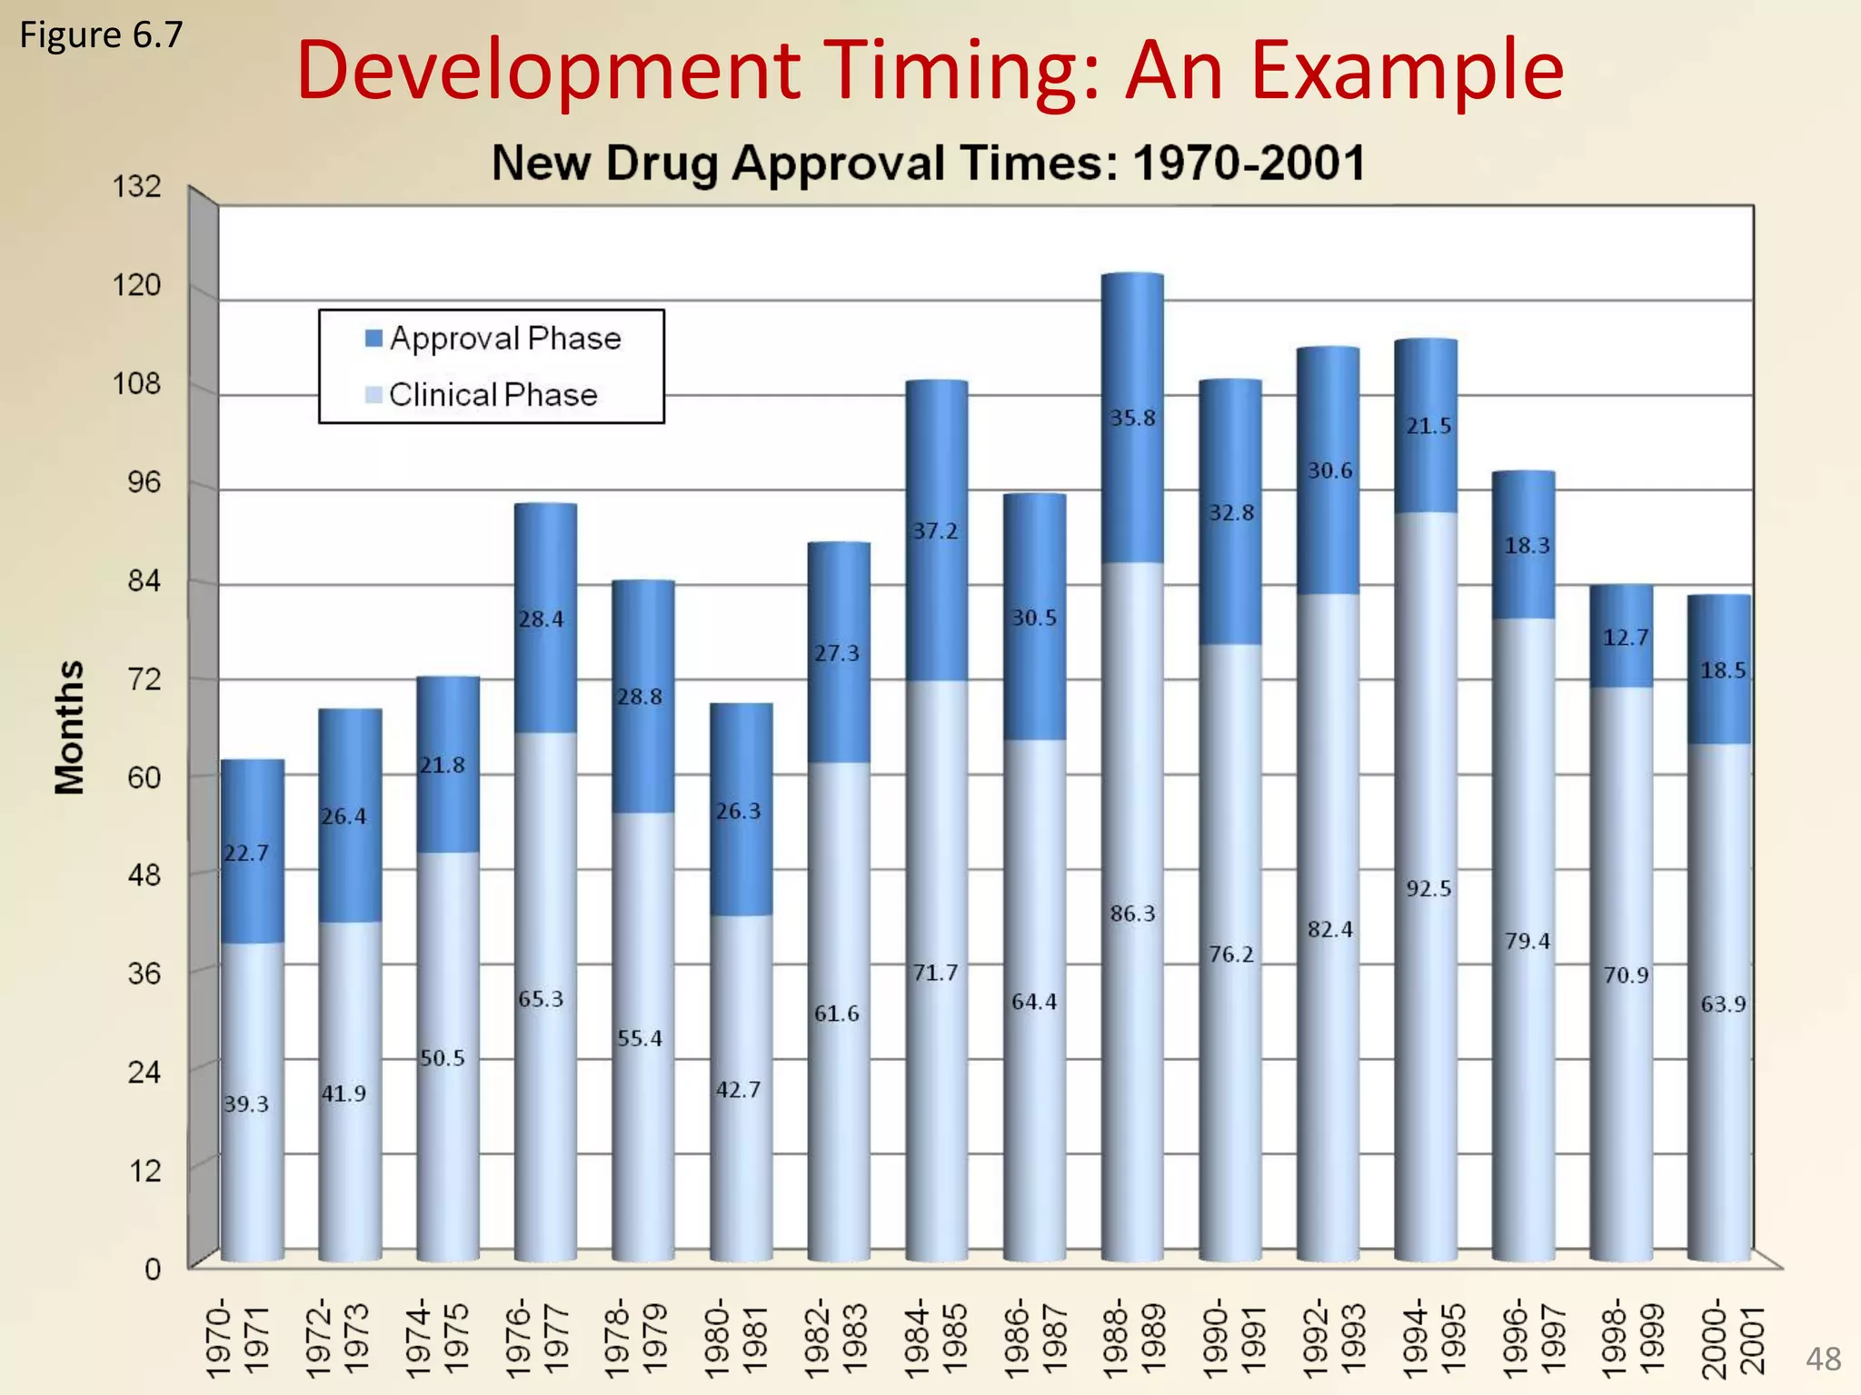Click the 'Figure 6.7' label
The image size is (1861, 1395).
[x=101, y=35]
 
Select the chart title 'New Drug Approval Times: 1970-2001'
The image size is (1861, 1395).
[x=928, y=163]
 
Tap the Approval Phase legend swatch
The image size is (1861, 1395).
[x=373, y=339]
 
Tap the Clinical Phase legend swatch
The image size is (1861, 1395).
[x=373, y=395]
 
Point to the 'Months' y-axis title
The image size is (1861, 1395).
[x=70, y=727]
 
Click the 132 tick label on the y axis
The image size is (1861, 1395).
[x=136, y=187]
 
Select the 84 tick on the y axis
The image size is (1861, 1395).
[x=144, y=580]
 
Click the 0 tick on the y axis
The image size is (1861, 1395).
[x=153, y=1269]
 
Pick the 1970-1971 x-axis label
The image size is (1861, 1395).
[x=237, y=1341]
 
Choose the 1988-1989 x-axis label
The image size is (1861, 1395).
[x=1133, y=1341]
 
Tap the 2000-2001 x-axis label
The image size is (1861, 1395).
[x=1732, y=1341]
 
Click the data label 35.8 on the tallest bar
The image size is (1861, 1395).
[x=1132, y=418]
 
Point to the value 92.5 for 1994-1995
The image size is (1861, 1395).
[x=1428, y=889]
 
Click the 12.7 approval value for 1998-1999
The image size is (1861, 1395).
[x=1625, y=638]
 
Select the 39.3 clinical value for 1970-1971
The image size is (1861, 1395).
[x=246, y=1104]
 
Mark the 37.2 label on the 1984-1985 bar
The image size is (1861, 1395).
[x=935, y=531]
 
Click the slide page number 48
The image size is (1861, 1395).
[x=1823, y=1360]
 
